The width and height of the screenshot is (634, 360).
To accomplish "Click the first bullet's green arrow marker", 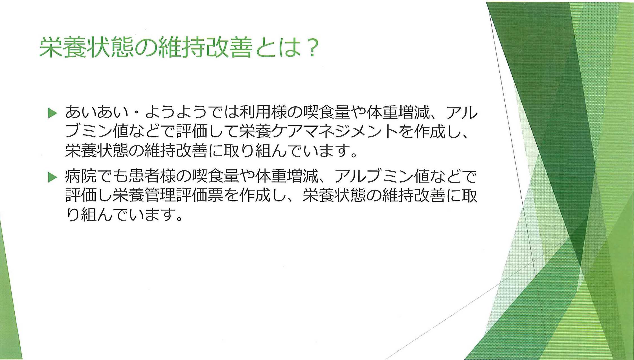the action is click(53, 113).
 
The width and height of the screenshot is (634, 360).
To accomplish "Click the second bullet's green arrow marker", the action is click(53, 177).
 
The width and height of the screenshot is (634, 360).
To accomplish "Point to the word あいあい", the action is click(97, 113).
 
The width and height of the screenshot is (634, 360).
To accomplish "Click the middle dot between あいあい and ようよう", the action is click(137, 113).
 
